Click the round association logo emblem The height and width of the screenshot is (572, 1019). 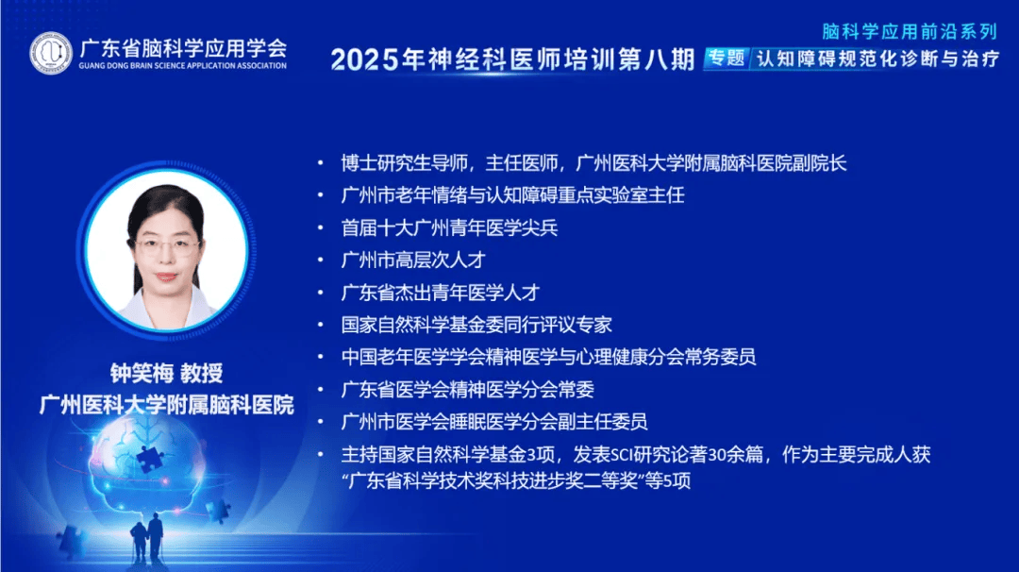[51, 53]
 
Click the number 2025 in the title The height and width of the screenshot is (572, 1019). [364, 59]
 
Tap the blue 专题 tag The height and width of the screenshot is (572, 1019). [727, 59]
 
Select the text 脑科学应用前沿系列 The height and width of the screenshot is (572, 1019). [910, 31]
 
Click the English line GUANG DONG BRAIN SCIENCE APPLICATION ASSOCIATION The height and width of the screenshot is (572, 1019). [183, 66]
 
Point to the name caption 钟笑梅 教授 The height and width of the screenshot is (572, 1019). [166, 373]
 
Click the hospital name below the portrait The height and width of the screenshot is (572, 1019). [166, 405]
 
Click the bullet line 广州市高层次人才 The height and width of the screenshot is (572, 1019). [413, 260]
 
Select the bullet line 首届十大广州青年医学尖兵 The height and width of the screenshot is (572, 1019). [450, 227]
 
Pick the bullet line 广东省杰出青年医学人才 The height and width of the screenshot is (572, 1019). [441, 293]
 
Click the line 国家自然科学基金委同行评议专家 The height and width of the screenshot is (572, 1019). [476, 325]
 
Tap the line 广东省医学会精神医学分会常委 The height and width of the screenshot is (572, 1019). [468, 389]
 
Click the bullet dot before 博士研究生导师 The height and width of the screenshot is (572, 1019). [321, 162]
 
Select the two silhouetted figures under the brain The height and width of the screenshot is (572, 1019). [147, 538]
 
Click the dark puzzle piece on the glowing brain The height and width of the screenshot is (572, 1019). [150, 458]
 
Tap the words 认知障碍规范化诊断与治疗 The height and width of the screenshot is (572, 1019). [878, 59]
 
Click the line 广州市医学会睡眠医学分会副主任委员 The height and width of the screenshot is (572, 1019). [494, 422]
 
